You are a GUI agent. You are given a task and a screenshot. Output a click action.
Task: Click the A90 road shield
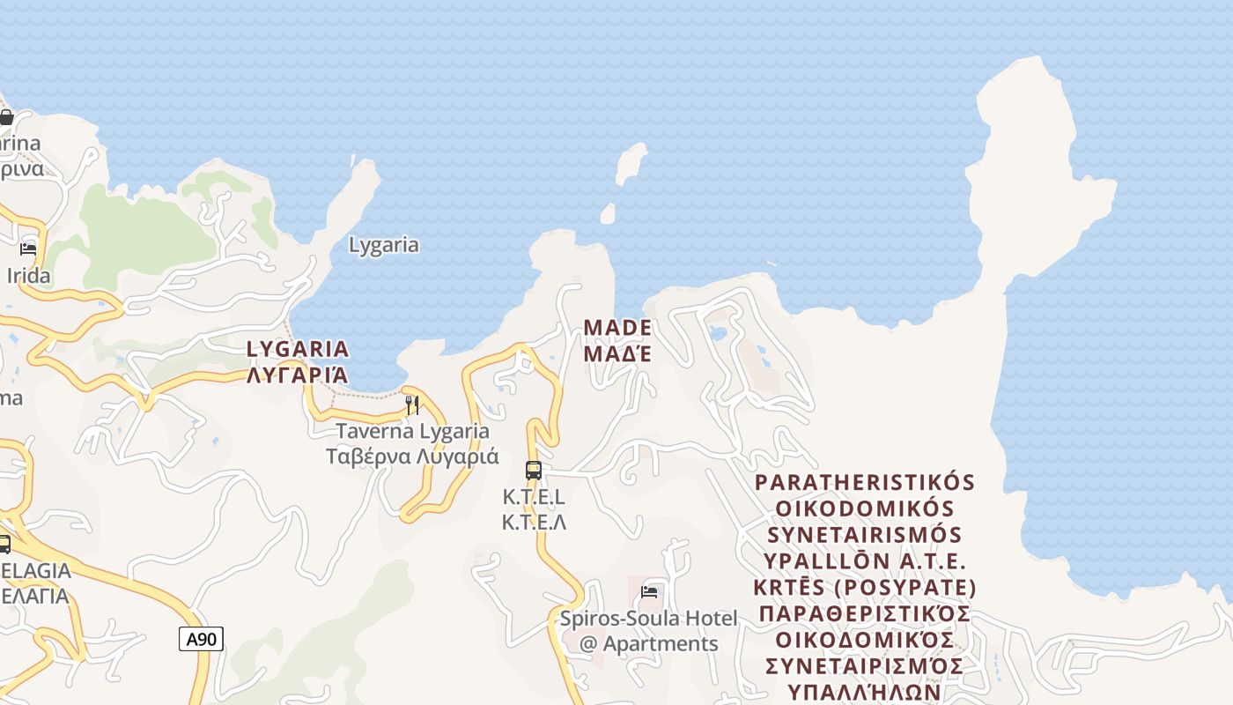pos(201,639)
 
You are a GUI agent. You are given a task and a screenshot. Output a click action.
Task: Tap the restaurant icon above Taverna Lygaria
pos(411,405)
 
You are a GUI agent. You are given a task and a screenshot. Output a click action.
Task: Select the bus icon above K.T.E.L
pos(533,471)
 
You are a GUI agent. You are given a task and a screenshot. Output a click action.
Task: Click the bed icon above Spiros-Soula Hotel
pos(649,592)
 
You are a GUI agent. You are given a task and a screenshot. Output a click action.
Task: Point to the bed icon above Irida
pos(28,249)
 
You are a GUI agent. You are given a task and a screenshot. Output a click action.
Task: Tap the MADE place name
pos(617,328)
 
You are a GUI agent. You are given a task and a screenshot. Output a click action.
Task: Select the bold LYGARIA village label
pos(298,349)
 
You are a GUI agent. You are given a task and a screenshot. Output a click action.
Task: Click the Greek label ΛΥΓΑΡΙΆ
pos(298,375)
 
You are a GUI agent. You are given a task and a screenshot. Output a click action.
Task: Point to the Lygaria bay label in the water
pos(384,245)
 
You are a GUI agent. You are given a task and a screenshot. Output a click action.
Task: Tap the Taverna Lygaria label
pos(412,432)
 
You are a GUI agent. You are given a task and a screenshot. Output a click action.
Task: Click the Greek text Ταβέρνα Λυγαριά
pos(412,457)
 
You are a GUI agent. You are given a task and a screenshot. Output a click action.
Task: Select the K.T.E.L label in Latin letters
pos(534,497)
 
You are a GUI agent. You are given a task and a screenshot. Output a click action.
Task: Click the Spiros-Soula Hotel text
pos(649,619)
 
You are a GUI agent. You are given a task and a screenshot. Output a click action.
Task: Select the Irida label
pos(29,276)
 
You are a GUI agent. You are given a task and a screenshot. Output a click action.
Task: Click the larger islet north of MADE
pos(631,163)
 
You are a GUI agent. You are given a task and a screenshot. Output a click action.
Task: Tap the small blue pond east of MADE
pos(718,333)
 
